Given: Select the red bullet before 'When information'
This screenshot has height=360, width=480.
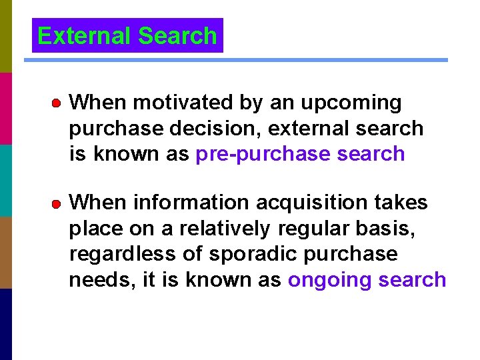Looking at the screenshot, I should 57,203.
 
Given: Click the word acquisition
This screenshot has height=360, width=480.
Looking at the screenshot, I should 316,203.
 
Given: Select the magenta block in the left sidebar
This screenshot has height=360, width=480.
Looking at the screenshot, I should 5,108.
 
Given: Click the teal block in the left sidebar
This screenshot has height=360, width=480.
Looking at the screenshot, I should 5,180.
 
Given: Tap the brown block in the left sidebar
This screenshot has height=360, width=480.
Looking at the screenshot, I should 5,252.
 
